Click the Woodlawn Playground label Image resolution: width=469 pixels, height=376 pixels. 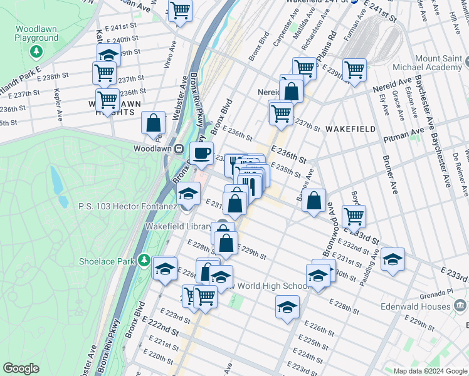click(36, 34)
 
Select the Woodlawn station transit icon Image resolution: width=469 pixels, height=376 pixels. click(179, 149)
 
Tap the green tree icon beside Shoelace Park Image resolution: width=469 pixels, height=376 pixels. click(145, 259)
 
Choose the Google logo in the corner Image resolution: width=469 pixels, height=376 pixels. click(21, 368)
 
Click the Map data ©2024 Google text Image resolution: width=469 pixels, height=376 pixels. click(430, 370)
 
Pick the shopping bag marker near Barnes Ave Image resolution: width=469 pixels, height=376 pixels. click(314, 201)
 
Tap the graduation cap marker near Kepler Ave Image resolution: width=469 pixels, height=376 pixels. click(108, 55)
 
